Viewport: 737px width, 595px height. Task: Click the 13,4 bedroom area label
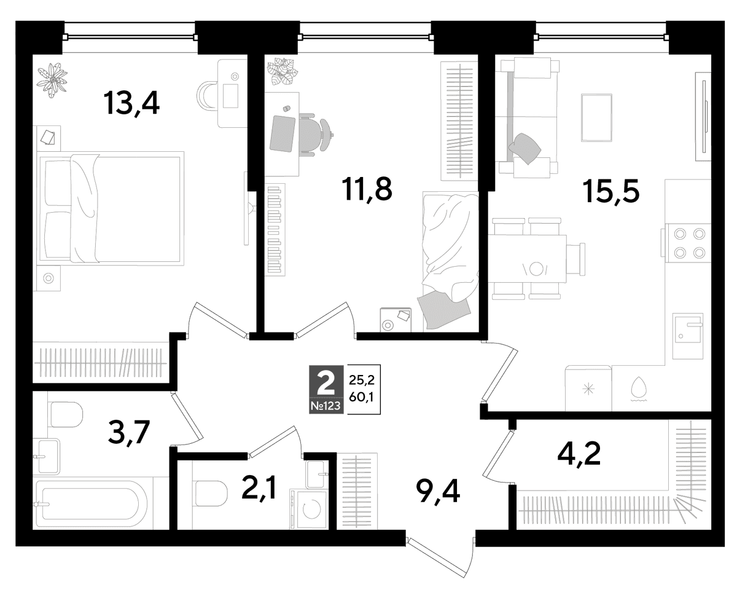131,103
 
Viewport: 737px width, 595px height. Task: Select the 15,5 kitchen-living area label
610,192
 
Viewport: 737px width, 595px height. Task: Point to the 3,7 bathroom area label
129,433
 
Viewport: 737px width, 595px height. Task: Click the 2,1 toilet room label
258,491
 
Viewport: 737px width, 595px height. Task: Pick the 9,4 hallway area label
438,491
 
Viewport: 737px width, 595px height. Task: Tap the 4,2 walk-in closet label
579,454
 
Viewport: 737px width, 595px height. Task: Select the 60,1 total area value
362,397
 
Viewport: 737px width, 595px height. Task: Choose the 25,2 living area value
362,380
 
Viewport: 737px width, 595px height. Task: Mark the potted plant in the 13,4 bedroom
52,81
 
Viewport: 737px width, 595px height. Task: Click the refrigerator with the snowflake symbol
588,388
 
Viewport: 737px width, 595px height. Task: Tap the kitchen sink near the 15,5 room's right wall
688,336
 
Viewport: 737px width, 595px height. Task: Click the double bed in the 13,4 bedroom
111,209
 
